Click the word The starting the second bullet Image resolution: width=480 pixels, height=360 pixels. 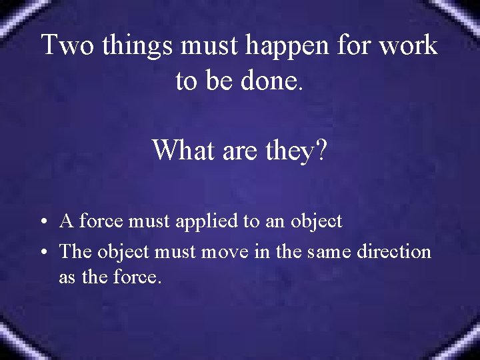pyautogui.click(x=75, y=251)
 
